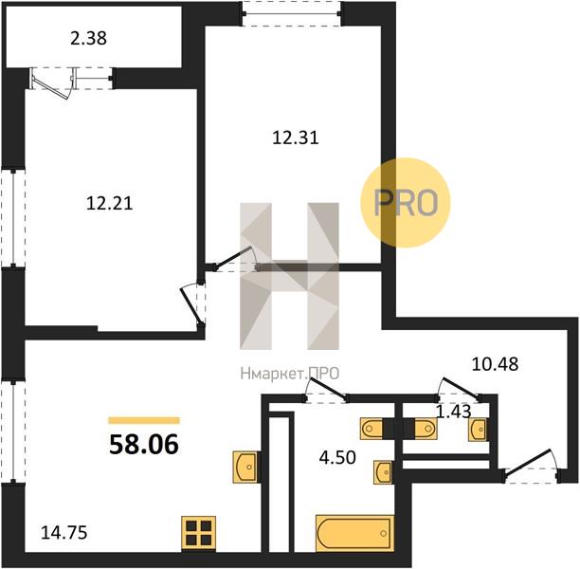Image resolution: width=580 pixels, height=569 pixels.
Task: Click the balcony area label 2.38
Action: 88,38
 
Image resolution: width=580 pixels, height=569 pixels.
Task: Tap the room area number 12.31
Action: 295,138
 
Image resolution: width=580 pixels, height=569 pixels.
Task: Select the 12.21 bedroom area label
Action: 110,204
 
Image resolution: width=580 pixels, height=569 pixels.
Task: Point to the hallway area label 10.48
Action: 495,364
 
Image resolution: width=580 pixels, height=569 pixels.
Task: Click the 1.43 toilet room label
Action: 454,412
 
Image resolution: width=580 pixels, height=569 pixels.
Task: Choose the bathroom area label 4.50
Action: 337,457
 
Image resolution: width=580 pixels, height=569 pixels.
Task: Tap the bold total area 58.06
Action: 144,444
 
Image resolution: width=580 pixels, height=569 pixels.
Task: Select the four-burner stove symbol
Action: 199,532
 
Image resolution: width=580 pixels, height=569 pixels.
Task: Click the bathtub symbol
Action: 354,532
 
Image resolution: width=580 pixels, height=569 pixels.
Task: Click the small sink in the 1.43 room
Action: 478,430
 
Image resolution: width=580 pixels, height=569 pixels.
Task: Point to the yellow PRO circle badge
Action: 406,203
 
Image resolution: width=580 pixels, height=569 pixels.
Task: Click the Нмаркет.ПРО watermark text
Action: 290,374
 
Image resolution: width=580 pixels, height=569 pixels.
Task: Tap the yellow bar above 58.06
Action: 144,420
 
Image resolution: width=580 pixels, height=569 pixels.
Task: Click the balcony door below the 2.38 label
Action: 53,83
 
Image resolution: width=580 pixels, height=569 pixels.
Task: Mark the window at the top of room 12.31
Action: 292,14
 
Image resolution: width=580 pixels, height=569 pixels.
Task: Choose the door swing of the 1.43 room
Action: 458,390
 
